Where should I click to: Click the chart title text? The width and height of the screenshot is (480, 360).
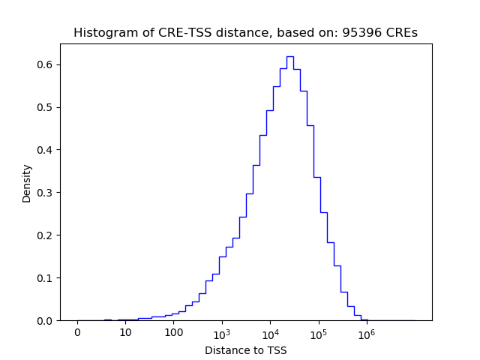[245, 33]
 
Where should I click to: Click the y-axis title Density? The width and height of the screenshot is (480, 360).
[27, 182]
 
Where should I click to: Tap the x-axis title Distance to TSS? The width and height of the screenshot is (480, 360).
[245, 350]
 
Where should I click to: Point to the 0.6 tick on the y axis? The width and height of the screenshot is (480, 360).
[46, 64]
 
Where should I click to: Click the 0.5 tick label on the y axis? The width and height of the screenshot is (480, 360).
[46, 107]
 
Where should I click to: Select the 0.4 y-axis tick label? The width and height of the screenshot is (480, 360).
[46, 150]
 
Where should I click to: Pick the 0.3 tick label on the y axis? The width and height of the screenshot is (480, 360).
[46, 193]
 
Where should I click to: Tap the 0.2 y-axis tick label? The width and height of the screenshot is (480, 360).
[46, 235]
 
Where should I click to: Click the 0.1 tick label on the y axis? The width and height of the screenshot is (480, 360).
[46, 278]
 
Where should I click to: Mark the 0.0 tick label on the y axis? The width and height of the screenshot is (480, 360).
[46, 321]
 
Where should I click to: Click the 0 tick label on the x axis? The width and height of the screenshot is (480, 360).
[77, 332]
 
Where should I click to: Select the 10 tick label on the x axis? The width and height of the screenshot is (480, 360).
[125, 332]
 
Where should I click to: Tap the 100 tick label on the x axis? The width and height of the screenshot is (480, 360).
[173, 332]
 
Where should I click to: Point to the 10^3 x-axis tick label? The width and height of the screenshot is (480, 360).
[222, 331]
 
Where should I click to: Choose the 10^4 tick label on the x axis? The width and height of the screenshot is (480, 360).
[270, 331]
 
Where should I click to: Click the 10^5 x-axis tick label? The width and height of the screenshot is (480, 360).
[318, 331]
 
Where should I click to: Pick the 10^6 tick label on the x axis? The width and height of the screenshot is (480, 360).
[366, 331]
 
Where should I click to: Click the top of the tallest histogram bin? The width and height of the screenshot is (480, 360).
[289, 56]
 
